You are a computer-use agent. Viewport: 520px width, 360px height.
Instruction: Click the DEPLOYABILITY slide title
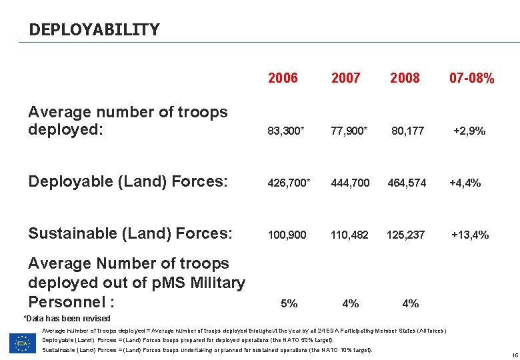pyautogui.click(x=94, y=30)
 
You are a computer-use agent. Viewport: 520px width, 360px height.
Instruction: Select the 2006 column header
pyautogui.click(x=283, y=79)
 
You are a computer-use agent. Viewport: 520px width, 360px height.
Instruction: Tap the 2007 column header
pyautogui.click(x=345, y=79)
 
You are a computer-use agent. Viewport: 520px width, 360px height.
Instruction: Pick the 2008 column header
pyautogui.click(x=405, y=79)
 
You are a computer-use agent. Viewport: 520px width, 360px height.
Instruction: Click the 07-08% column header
pyautogui.click(x=471, y=79)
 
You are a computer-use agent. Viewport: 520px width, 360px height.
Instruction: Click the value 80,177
pyautogui.click(x=408, y=131)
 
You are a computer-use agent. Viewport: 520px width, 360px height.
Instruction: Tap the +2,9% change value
pyautogui.click(x=469, y=131)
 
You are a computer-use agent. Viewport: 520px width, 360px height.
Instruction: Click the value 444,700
pyautogui.click(x=349, y=183)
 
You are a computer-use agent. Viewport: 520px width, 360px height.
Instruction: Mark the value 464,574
pyautogui.click(x=407, y=183)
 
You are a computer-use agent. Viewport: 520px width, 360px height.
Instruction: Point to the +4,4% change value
pyautogui.click(x=465, y=183)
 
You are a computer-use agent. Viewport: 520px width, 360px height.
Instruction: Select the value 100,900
pyautogui.click(x=287, y=235)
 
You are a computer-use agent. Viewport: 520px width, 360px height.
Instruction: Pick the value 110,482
pyautogui.click(x=349, y=235)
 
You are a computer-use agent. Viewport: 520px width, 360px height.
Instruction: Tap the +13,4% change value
pyautogui.click(x=470, y=235)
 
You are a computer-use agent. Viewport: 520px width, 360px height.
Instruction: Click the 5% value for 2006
pyautogui.click(x=289, y=303)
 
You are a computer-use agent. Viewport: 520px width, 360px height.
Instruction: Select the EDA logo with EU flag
pyautogui.click(x=22, y=342)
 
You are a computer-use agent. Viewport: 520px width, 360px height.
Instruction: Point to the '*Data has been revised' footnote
pyautogui.click(x=67, y=319)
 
